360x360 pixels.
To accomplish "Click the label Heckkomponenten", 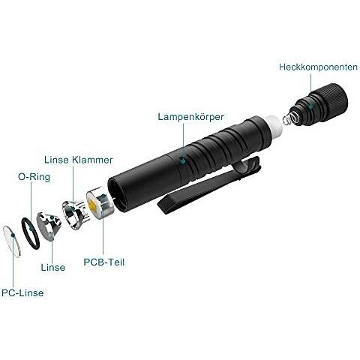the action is pyautogui.click(x=318, y=67).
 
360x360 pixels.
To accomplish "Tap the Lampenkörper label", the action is pyautogui.click(x=190, y=117).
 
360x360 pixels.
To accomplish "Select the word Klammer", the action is pyautogui.click(x=92, y=160).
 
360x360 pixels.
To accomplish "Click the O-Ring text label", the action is pyautogui.click(x=34, y=177).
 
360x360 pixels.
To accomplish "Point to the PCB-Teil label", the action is pyautogui.click(x=104, y=262).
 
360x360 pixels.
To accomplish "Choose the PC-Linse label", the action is pyautogui.click(x=22, y=292).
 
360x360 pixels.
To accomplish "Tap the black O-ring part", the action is pyautogui.click(x=30, y=233).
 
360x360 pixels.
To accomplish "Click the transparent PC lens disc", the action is pyautogui.click(x=11, y=241).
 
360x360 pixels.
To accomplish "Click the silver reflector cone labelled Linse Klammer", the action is pyautogui.click(x=76, y=215).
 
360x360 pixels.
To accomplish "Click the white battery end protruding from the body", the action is pyautogui.click(x=274, y=127).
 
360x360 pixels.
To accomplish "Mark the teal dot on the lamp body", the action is pyautogui.click(x=183, y=160).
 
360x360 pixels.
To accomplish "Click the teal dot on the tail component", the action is pyautogui.click(x=310, y=106).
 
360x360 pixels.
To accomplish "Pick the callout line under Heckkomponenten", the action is pyautogui.click(x=310, y=88).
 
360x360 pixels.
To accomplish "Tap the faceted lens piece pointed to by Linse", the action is pyautogui.click(x=49, y=226).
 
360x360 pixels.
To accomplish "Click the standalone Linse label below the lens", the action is pyautogui.click(x=53, y=267).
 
